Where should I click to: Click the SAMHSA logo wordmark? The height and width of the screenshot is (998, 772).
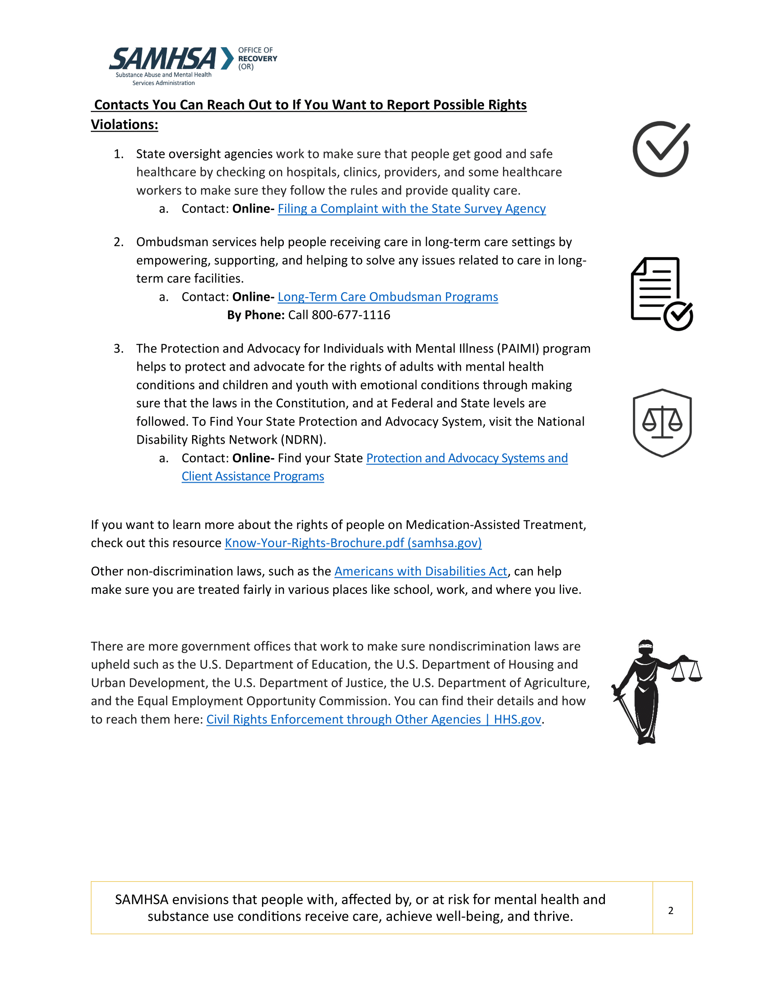[x=163, y=59]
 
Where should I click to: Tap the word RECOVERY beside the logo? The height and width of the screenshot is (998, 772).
[x=257, y=59]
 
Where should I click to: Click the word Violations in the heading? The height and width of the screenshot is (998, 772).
[x=124, y=125]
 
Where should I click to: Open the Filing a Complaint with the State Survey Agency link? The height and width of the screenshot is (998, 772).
[x=411, y=209]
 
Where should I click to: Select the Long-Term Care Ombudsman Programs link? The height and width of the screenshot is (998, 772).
[x=387, y=297]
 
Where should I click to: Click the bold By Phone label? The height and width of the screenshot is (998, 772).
[x=256, y=315]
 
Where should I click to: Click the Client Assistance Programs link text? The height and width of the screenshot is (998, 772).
[x=252, y=477]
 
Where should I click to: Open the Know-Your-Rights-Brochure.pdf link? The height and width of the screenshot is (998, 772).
[x=352, y=543]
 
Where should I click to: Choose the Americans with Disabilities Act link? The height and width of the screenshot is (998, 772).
[x=421, y=572]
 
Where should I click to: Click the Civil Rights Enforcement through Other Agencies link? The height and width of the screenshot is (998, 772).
[x=373, y=720]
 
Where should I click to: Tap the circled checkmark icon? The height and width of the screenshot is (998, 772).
[x=661, y=149]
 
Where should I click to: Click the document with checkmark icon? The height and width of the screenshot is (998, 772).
[x=661, y=294]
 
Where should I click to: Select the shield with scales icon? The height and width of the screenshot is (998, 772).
[x=662, y=423]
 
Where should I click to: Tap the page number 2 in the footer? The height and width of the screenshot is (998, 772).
[x=670, y=910]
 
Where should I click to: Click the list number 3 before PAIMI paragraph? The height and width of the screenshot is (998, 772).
[x=118, y=349]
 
